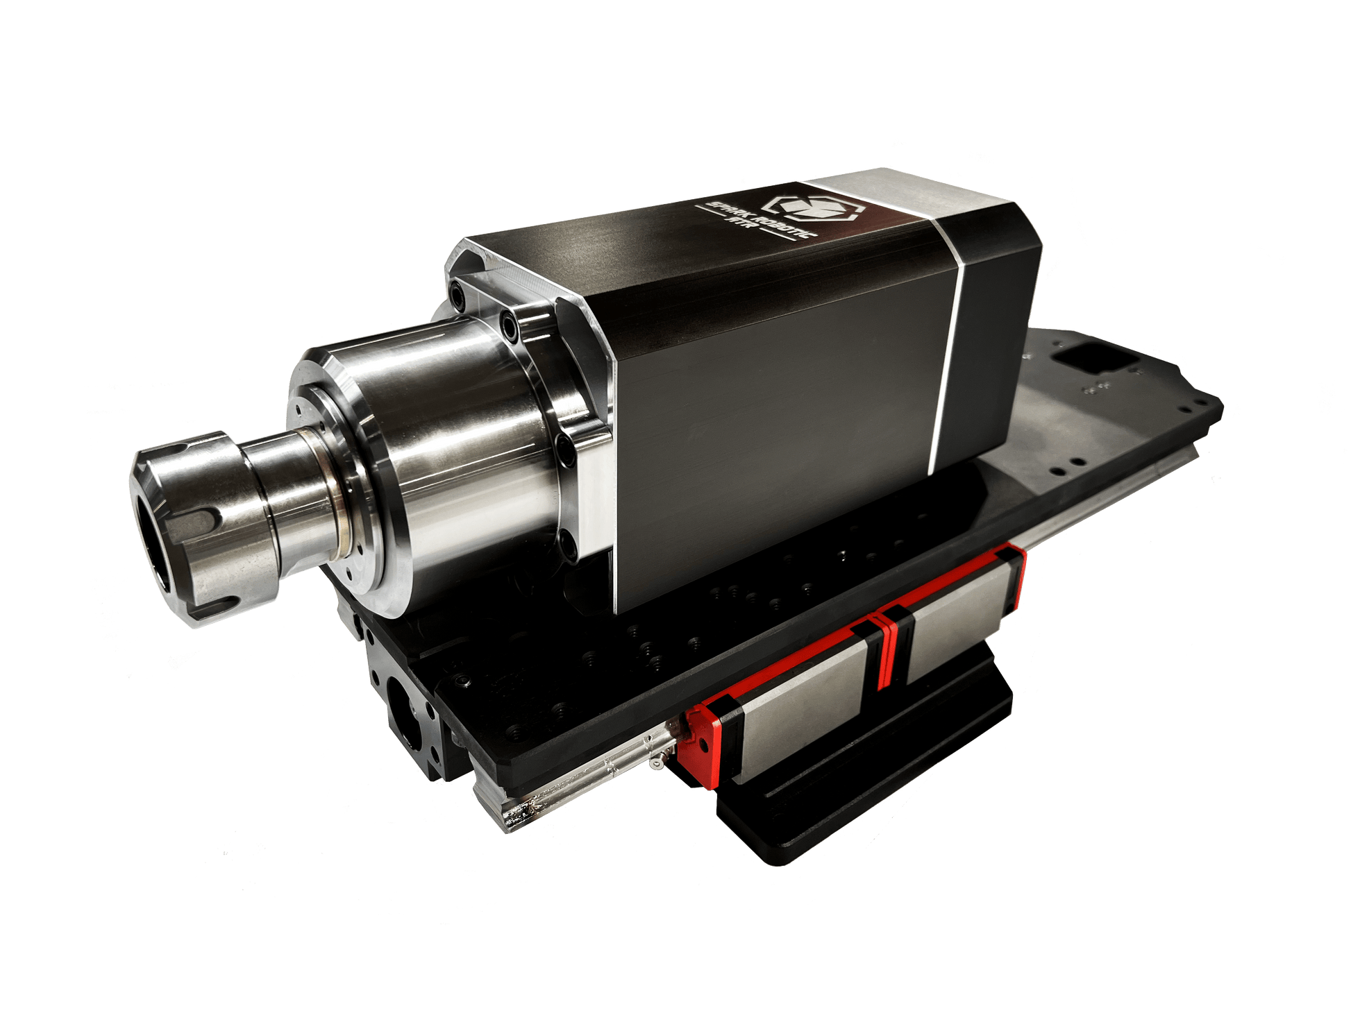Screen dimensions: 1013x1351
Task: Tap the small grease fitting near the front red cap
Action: click(656, 763)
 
